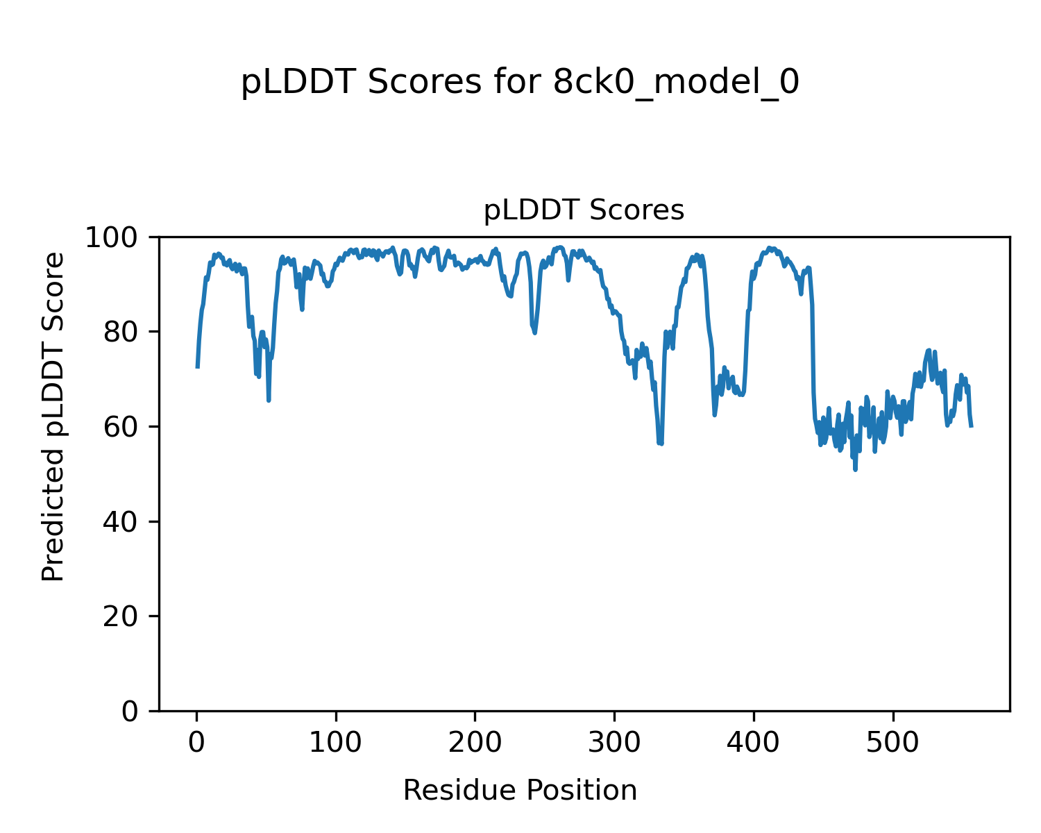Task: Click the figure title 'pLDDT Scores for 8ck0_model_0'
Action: tap(520, 83)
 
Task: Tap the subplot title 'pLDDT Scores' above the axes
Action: tap(584, 210)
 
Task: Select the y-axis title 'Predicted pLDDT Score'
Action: tap(53, 416)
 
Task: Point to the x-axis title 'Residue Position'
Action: tap(520, 790)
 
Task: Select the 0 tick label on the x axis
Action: tap(197, 742)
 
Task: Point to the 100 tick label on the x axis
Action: tap(336, 742)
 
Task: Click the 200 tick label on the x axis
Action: tap(475, 742)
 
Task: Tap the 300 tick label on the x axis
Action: tap(614, 742)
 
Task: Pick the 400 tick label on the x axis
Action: tap(754, 742)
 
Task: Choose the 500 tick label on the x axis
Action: tap(892, 742)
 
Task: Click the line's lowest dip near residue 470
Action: tap(855, 469)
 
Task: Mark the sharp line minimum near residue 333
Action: tap(661, 444)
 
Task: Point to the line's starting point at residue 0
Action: tap(198, 367)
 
